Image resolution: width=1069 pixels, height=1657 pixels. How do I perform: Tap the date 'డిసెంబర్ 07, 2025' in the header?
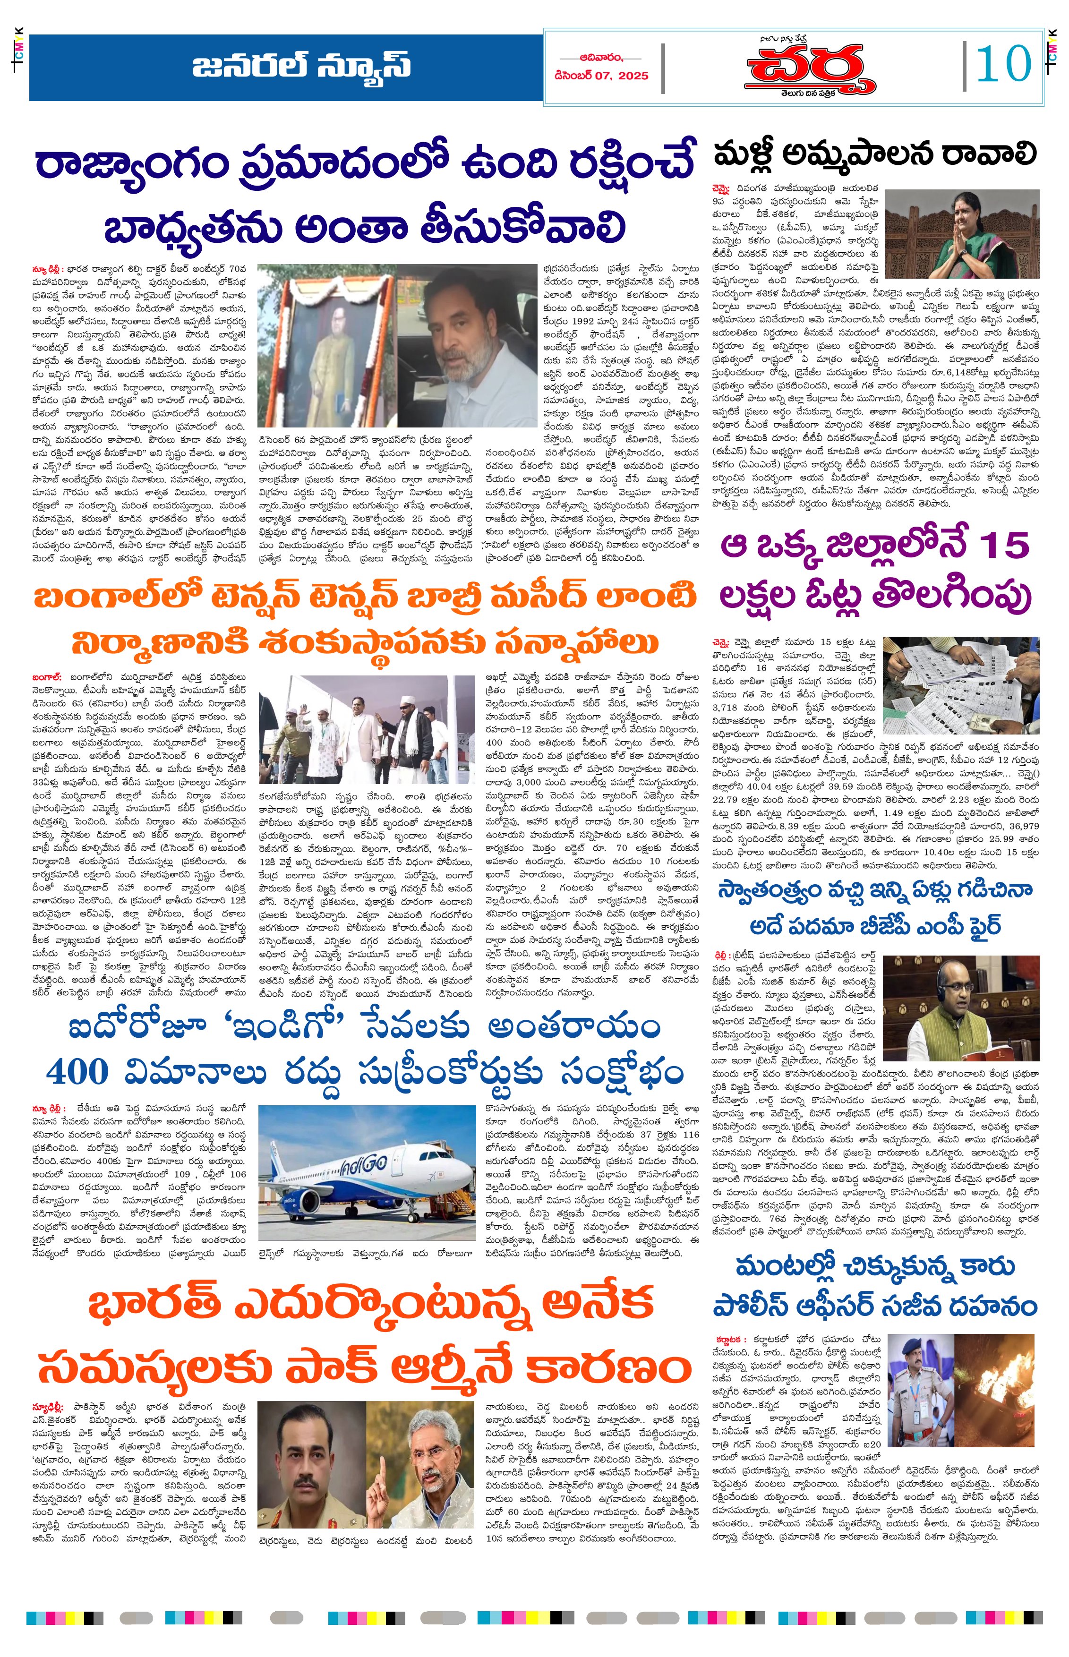(601, 76)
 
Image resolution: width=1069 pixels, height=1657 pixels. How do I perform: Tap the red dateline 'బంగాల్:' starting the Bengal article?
(46, 676)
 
